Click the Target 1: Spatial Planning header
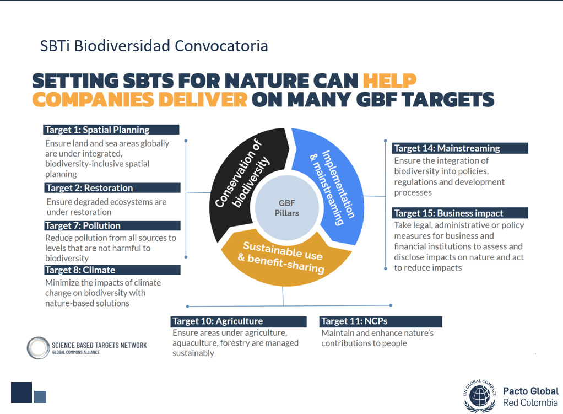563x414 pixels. point(111,130)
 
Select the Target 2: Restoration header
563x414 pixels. point(112,188)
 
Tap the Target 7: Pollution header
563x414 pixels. point(112,225)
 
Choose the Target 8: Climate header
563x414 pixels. point(112,270)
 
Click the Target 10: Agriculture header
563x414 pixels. point(239,321)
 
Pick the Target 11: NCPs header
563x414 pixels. point(381,321)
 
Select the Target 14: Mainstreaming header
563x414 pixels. point(460,148)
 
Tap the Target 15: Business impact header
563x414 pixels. point(460,213)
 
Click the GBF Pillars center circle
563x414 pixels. point(287,208)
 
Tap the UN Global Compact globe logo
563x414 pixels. point(480,396)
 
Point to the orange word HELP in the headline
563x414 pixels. point(389,80)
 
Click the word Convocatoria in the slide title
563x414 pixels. point(221,46)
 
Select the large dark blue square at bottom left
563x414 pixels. point(21,393)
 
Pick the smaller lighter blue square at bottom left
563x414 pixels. point(40,397)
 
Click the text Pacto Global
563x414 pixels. point(530,391)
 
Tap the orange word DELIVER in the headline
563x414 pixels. point(203,100)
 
